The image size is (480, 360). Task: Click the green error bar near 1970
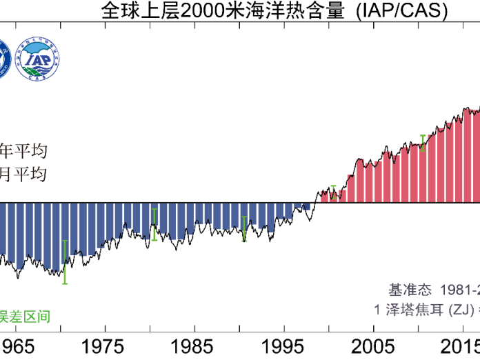[65, 261]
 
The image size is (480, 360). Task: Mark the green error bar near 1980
[154, 223]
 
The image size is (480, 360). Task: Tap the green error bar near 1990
[244, 229]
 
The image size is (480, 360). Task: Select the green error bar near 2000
[334, 192]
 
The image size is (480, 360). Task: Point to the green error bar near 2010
[423, 143]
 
